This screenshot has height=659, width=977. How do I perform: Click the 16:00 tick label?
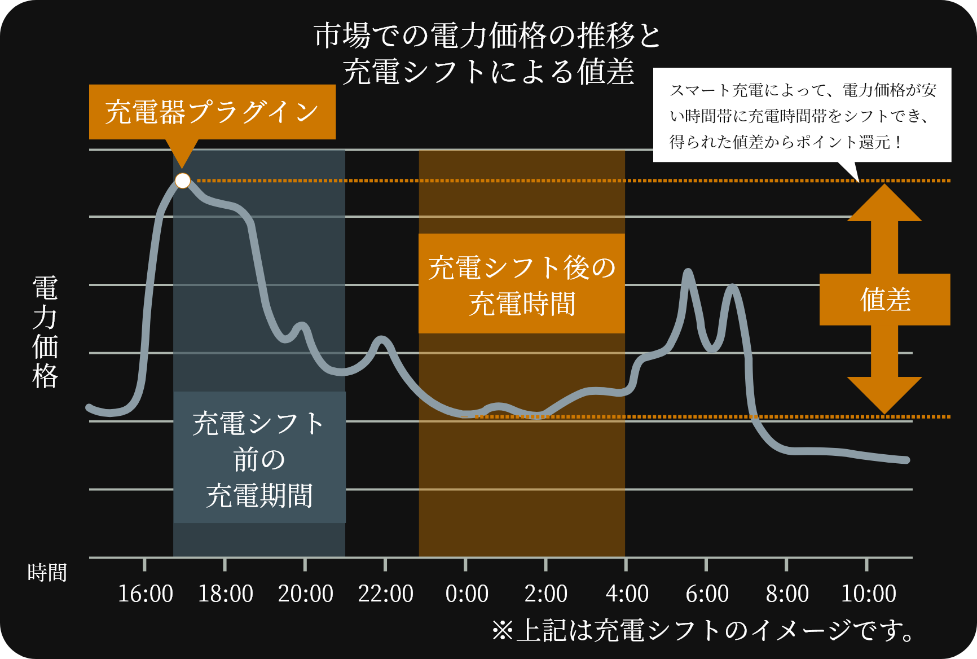(x=145, y=594)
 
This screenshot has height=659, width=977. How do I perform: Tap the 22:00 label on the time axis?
(x=385, y=594)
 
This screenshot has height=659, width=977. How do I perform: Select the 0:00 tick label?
(x=467, y=594)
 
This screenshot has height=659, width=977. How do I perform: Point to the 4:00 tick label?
(x=627, y=594)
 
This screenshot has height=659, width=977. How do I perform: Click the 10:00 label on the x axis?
(x=868, y=594)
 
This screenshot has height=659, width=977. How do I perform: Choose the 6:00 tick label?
(x=707, y=594)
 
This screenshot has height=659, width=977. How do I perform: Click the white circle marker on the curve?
(x=183, y=181)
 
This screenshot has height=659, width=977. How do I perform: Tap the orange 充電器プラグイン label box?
(x=212, y=112)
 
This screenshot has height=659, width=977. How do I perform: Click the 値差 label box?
(x=884, y=300)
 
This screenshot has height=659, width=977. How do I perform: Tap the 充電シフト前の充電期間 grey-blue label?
(x=259, y=458)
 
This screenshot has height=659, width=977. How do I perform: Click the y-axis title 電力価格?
(x=45, y=332)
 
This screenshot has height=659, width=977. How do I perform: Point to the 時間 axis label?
(x=47, y=573)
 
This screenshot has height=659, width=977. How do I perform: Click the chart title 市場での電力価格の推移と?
(x=488, y=36)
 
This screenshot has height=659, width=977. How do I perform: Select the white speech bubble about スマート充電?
(x=802, y=115)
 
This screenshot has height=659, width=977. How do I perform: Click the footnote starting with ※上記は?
(x=703, y=630)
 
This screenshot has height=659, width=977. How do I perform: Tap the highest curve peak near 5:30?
(x=688, y=273)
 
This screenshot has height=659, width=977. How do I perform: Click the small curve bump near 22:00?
(x=382, y=340)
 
